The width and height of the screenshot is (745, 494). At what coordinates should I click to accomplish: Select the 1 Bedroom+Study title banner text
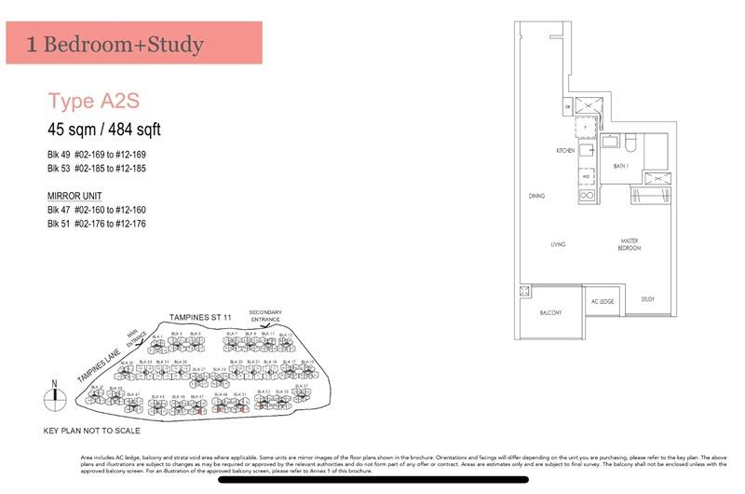pos(115,44)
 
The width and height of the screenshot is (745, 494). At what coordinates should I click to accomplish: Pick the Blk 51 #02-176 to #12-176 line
pos(97,225)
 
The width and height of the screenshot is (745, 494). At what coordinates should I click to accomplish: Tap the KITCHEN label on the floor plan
pos(565,150)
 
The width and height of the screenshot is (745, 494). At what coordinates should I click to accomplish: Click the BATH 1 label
pos(621,166)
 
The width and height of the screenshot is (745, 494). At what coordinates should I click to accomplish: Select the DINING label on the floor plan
pos(535,197)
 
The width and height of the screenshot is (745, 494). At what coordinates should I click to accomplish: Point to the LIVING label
pos(558,245)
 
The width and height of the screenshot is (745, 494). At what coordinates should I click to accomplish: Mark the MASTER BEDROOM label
pos(629,245)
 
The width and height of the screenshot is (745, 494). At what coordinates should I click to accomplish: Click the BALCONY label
pos(550,313)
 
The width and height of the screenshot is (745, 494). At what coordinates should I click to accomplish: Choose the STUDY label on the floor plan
pos(647,299)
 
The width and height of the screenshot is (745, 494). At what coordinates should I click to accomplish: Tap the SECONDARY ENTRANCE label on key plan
pos(265,316)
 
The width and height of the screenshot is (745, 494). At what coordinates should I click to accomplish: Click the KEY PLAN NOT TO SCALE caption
pos(91,431)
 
